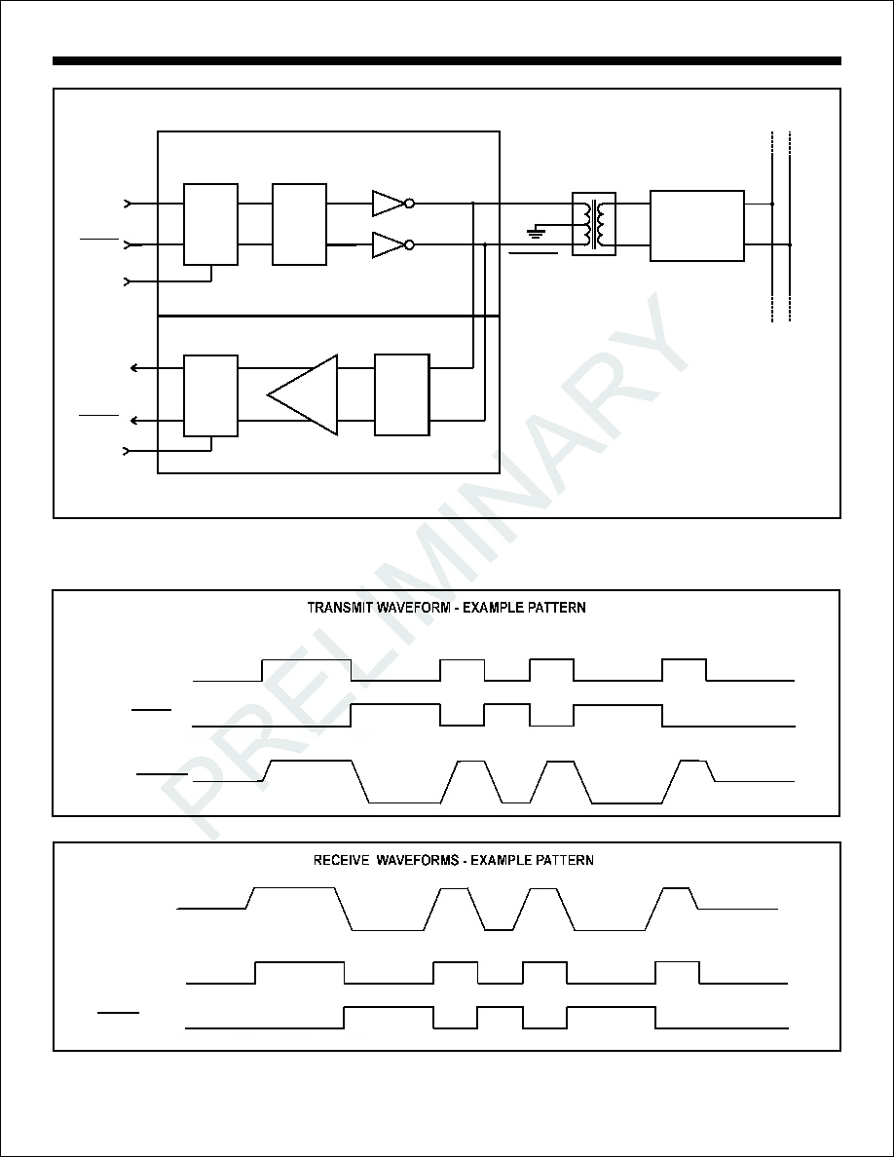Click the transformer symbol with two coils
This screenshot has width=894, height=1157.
click(594, 224)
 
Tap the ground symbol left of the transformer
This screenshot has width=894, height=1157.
click(537, 234)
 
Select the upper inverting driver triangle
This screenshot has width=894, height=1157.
click(388, 204)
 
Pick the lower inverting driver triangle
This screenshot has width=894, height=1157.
click(388, 245)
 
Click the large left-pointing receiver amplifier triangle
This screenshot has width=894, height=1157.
click(303, 394)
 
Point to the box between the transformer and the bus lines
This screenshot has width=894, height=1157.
click(697, 226)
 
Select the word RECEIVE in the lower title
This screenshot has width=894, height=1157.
click(341, 860)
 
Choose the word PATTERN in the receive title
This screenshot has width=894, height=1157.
click(564, 860)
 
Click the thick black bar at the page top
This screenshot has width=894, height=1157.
click(447, 60)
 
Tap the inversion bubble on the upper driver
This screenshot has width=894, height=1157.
click(409, 204)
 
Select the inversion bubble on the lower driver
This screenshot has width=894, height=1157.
click(409, 245)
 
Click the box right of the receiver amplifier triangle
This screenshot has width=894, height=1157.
click(402, 394)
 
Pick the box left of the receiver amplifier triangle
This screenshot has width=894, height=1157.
click(211, 395)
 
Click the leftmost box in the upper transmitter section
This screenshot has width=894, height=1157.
click(211, 224)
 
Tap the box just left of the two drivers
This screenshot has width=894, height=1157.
click(300, 224)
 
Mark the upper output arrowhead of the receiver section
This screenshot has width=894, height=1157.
click(134, 367)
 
